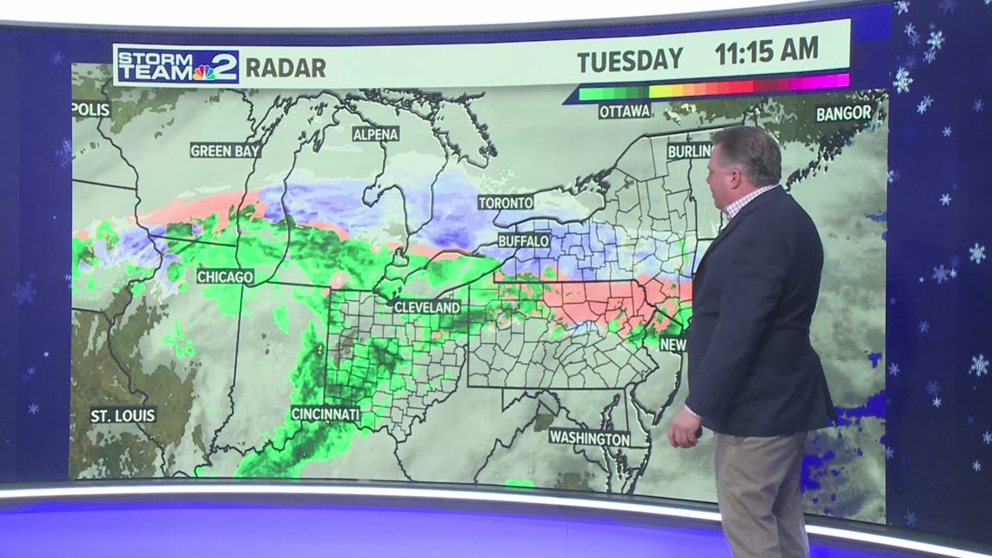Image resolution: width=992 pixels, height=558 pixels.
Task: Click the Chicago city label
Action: pyautogui.click(x=225, y=277)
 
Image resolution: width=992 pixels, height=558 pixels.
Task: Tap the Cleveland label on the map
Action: pyautogui.click(x=426, y=307)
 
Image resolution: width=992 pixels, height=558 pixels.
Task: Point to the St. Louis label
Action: pyautogui.click(x=124, y=415)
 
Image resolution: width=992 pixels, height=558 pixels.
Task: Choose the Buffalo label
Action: pyautogui.click(x=524, y=240)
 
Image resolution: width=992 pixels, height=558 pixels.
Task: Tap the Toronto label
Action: pyautogui.click(x=506, y=203)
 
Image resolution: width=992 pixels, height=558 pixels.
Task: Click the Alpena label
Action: pyautogui.click(x=376, y=134)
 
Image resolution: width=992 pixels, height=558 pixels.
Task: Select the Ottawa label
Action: pyautogui.click(x=625, y=111)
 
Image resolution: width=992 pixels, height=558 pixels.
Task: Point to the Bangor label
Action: pyautogui.click(x=843, y=113)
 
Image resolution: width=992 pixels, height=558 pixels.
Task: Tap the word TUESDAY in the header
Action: pyautogui.click(x=631, y=59)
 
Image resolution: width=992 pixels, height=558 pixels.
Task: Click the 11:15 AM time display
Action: pyautogui.click(x=766, y=51)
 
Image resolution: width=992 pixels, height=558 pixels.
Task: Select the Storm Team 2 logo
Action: pyautogui.click(x=177, y=65)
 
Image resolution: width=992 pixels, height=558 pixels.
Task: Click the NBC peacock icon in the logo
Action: pyautogui.click(x=205, y=71)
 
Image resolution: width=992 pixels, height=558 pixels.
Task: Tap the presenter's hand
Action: pyautogui.click(x=685, y=430)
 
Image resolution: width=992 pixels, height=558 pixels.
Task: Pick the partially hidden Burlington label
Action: pyautogui.click(x=689, y=151)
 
